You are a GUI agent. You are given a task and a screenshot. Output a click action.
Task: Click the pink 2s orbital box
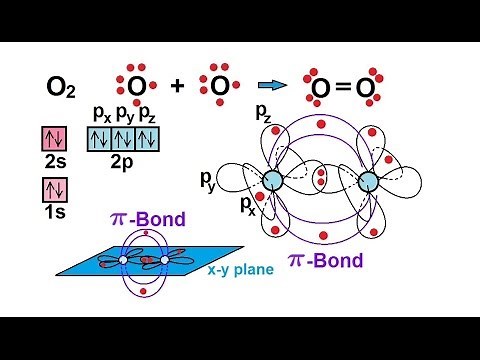[54, 139]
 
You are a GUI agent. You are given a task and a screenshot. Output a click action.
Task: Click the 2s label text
[54, 163]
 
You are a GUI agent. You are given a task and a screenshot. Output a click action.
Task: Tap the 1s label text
[54, 212]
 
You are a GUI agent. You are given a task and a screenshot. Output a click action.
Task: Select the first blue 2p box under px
[101, 138]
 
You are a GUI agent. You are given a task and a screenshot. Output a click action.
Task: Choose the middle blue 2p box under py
[125, 138]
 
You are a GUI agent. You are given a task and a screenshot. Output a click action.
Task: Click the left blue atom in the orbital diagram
[272, 181]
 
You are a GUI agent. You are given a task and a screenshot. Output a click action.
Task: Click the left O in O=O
[320, 92]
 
